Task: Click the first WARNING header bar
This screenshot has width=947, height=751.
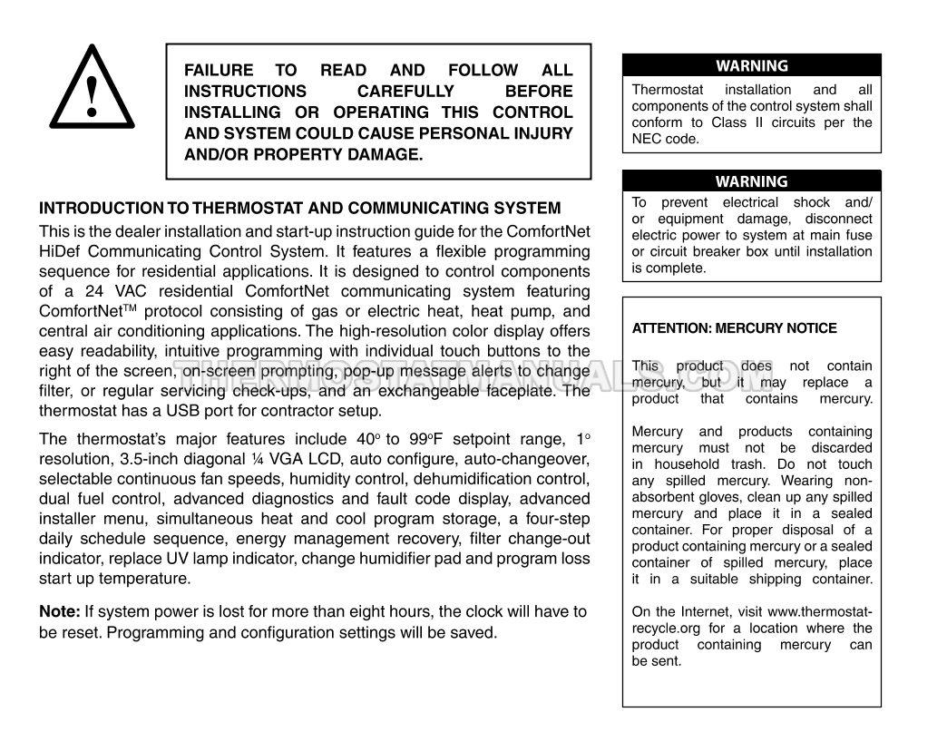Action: (x=752, y=65)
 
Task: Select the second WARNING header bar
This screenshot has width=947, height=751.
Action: (x=752, y=181)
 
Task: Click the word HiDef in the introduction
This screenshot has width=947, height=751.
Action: (x=62, y=250)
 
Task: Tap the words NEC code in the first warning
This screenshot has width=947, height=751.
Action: (x=667, y=140)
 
